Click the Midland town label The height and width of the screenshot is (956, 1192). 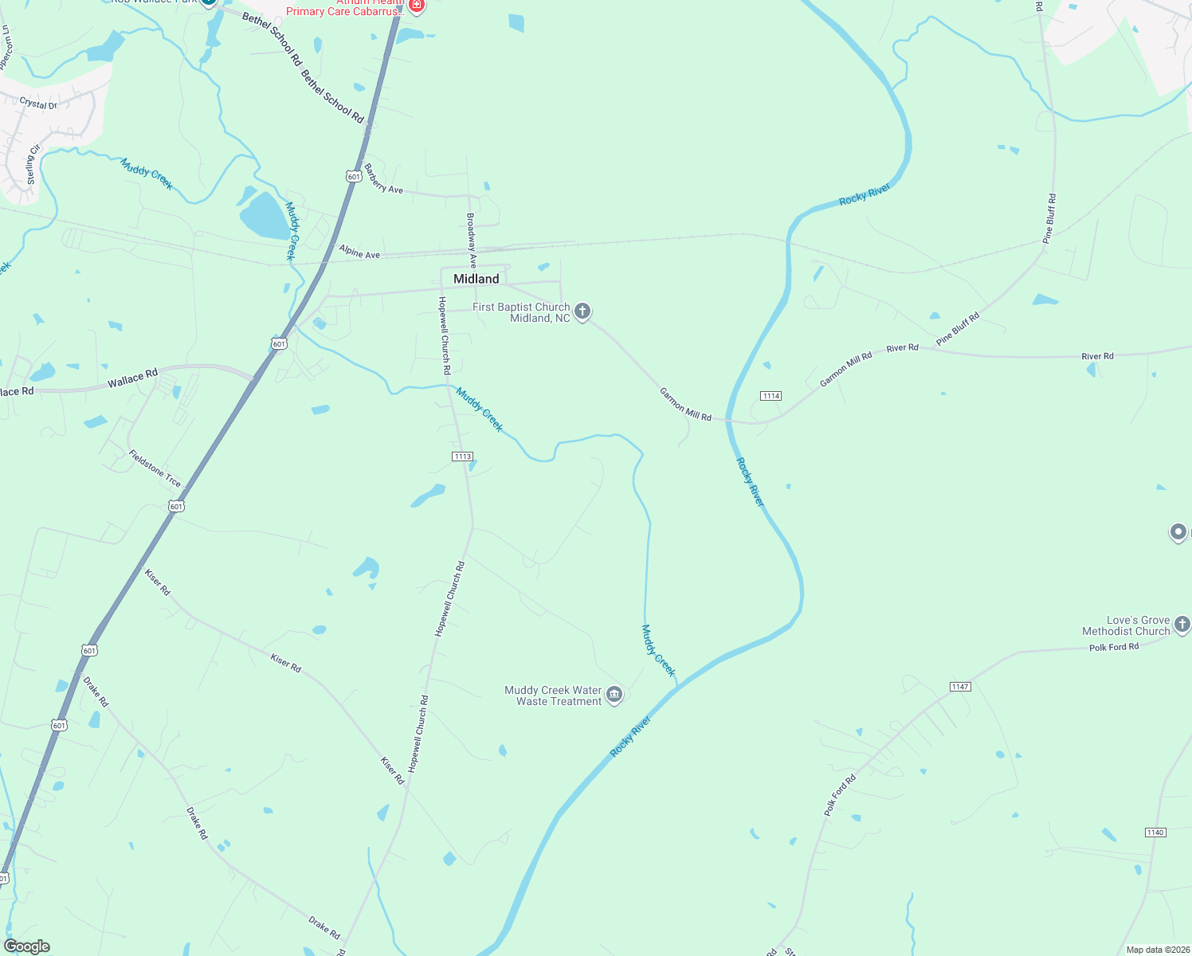476,279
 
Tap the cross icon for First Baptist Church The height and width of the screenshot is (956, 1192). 582,311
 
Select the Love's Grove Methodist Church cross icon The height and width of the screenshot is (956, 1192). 1182,625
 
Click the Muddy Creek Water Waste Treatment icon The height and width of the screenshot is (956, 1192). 614,695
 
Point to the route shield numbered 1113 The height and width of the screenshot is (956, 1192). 462,456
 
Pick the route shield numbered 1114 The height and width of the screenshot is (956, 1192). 770,396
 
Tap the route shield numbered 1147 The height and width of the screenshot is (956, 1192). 960,687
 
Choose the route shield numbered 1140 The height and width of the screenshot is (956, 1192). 1155,833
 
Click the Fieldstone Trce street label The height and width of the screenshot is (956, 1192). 155,468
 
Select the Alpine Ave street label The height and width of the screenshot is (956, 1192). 359,253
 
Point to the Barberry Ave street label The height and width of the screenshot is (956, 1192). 383,179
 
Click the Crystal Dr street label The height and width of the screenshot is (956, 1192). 38,104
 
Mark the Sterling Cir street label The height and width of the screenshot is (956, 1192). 33,164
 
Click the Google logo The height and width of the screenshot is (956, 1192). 27,946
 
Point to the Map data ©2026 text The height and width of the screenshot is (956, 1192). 1155,950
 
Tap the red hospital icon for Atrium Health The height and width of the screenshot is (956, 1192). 416,6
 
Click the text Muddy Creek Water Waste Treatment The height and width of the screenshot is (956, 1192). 553,695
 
